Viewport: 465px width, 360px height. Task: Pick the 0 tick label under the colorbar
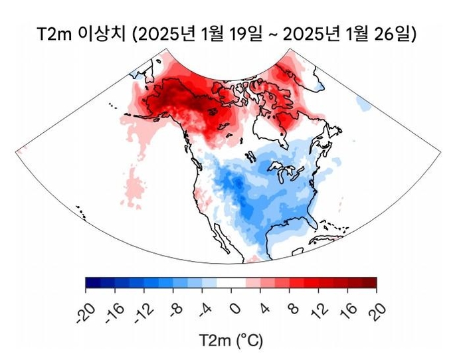(x=233, y=308)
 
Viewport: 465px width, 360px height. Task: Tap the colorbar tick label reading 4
(x=262, y=308)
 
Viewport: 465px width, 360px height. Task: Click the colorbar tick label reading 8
(x=292, y=308)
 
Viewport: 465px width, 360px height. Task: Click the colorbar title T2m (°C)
(x=231, y=341)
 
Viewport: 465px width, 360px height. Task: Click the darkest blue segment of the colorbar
(x=93, y=283)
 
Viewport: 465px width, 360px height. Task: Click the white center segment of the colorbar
(x=231, y=283)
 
